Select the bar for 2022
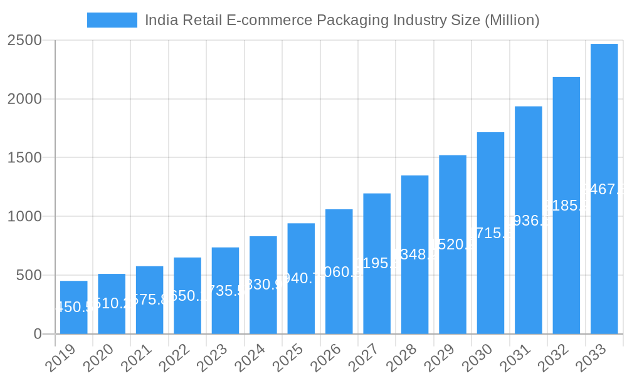click(187, 296)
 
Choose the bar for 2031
click(529, 220)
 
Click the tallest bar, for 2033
click(604, 189)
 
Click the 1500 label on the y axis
click(24, 158)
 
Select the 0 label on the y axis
click(38, 334)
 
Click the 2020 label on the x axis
click(98, 358)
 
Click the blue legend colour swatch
click(112, 20)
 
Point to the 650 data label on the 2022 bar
click(187, 296)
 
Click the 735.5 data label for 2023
click(225, 291)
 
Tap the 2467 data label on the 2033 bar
click(604, 189)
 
